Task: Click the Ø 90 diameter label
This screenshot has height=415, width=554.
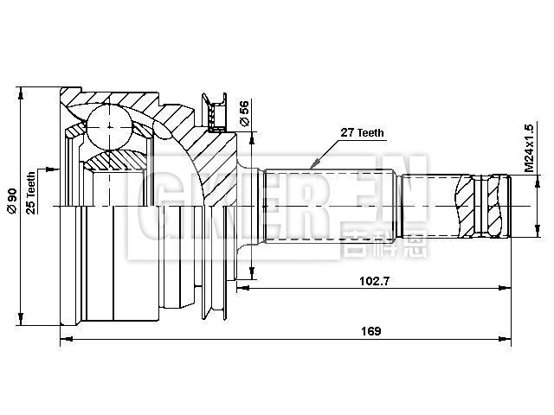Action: [11, 200]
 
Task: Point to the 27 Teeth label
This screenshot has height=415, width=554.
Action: [363, 133]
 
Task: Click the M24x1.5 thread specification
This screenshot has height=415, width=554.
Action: [529, 146]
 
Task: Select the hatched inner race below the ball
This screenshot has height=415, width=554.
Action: [113, 159]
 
